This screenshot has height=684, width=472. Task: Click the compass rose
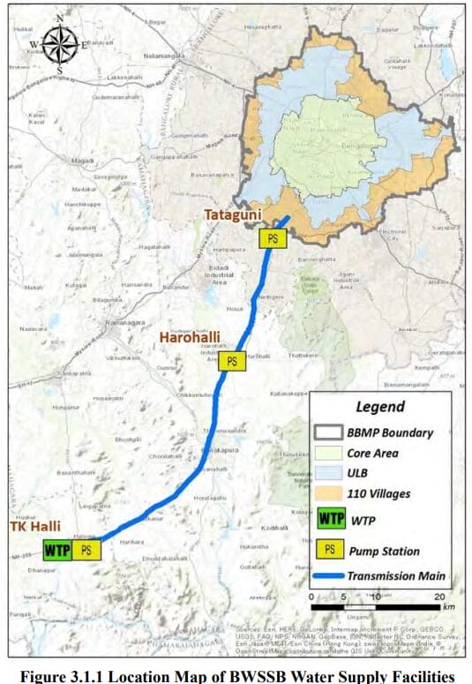click(58, 41)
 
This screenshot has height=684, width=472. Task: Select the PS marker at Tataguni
click(273, 237)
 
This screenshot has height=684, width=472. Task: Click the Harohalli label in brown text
click(189, 337)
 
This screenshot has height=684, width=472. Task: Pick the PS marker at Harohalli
click(232, 360)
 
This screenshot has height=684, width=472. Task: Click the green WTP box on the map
click(56, 549)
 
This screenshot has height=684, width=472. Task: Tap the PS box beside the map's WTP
click(86, 549)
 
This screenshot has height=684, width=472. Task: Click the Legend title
click(379, 407)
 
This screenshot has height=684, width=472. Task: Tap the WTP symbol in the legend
click(332, 519)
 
